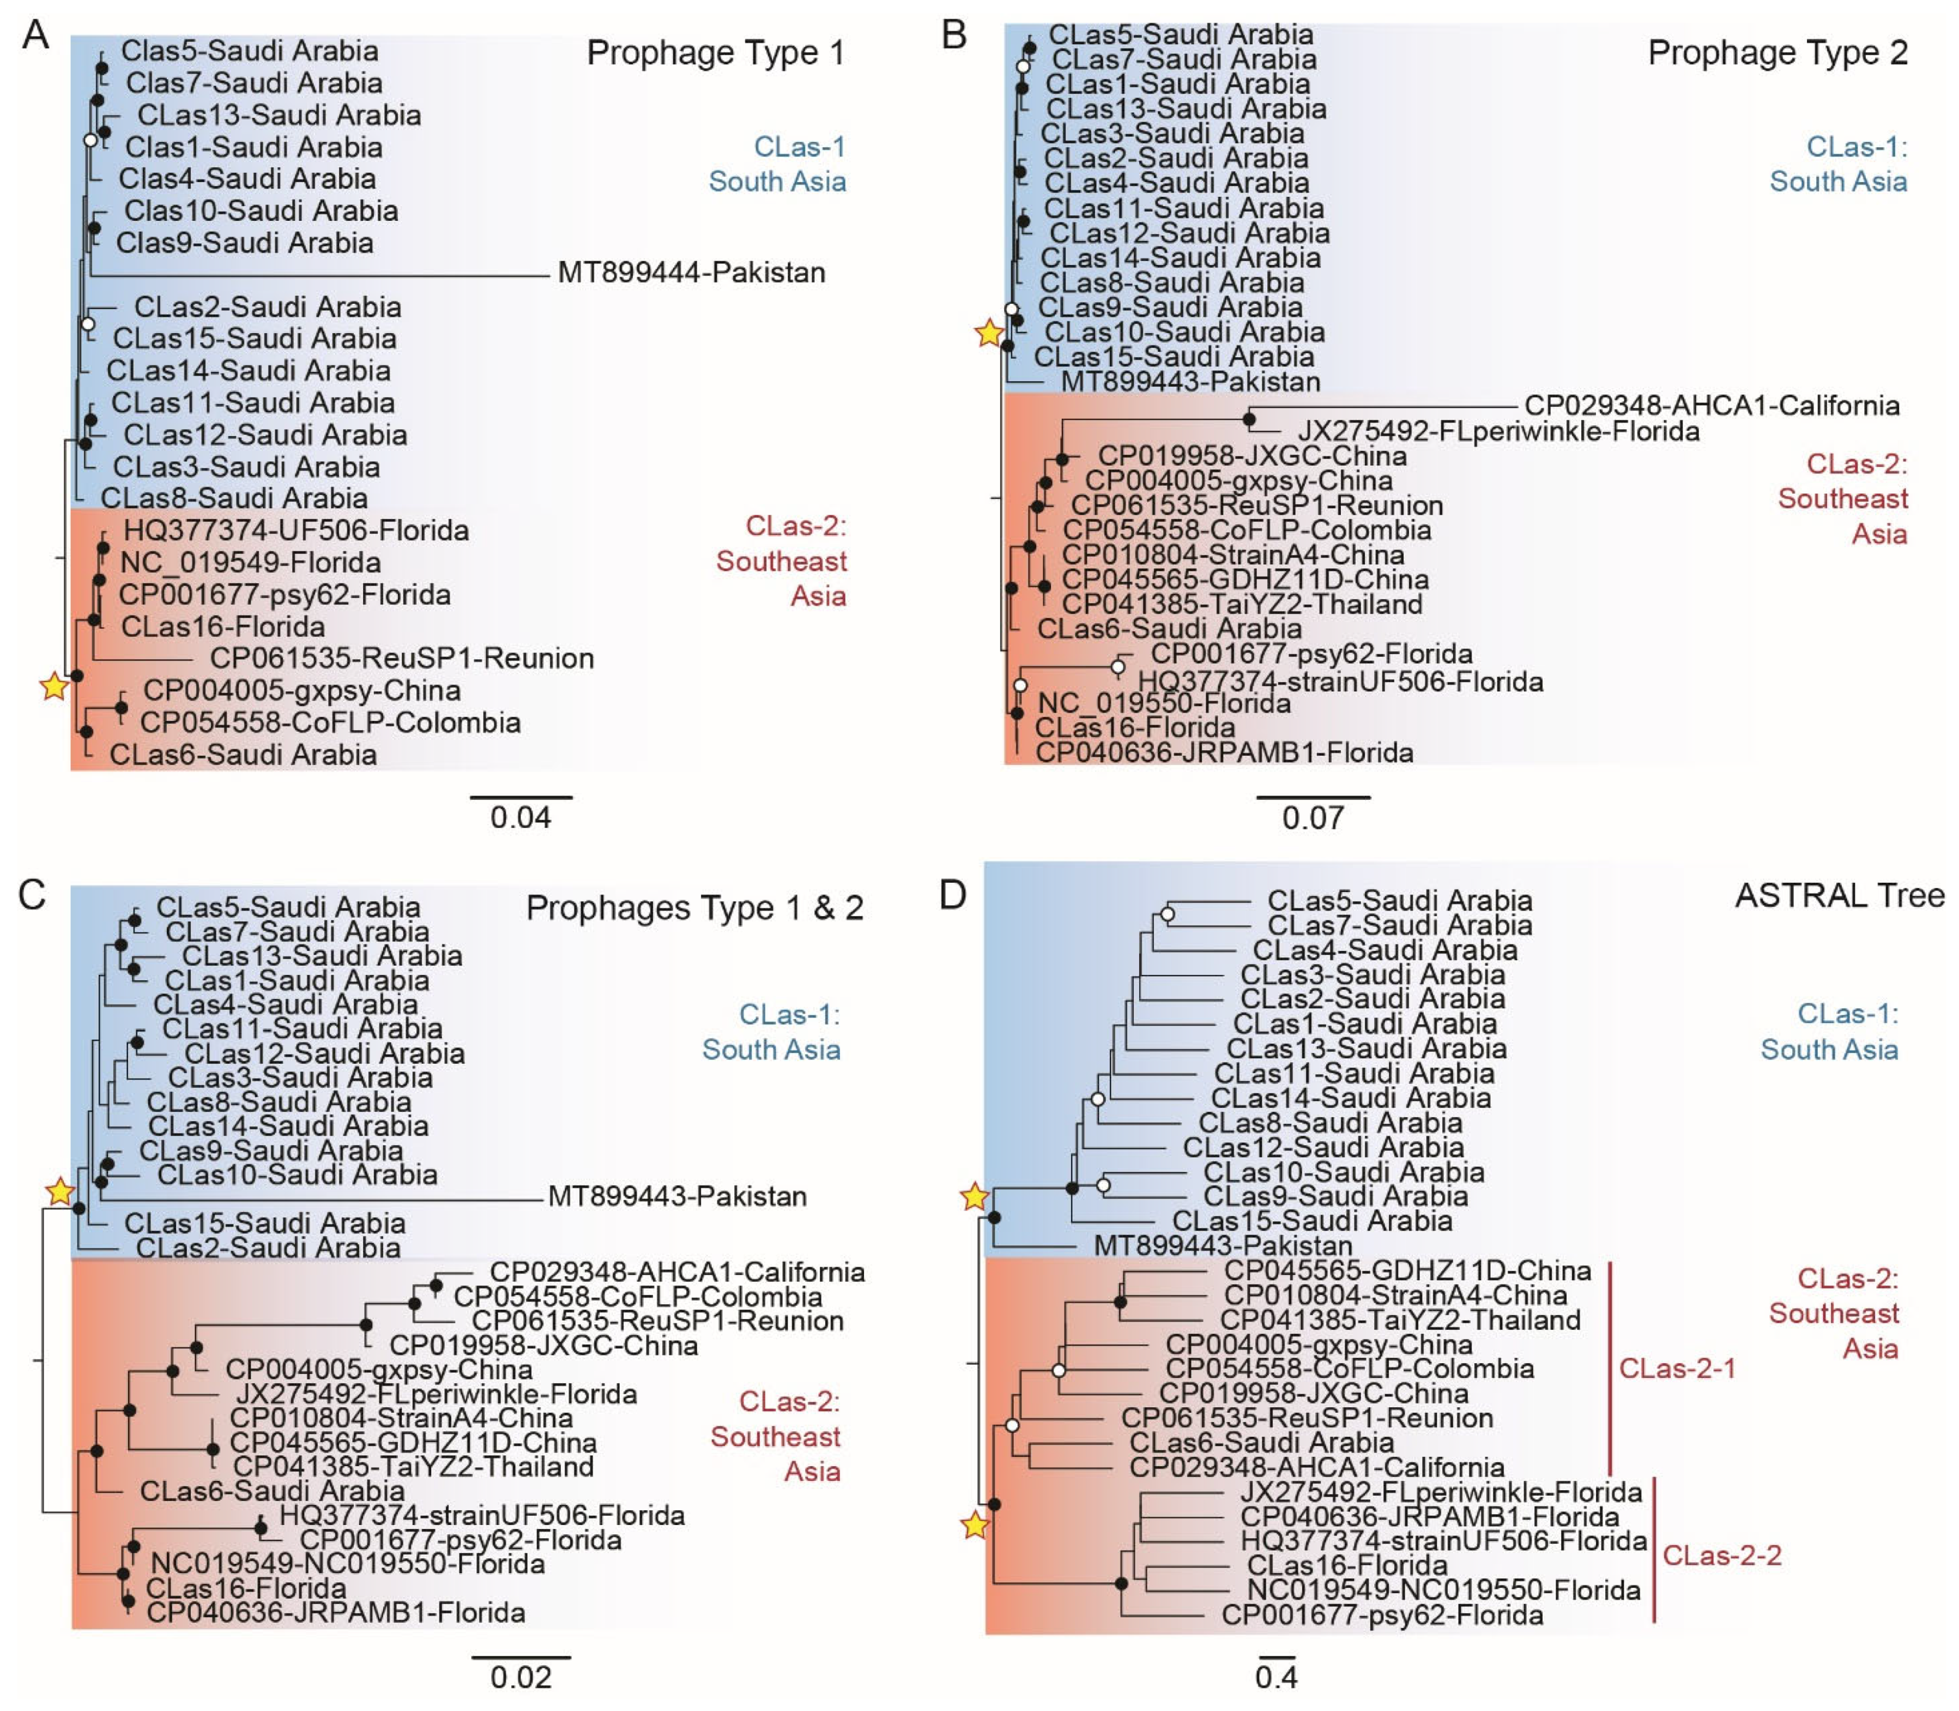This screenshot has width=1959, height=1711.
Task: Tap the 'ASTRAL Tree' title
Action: pos(1839,896)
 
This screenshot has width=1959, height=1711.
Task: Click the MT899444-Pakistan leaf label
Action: pos(691,273)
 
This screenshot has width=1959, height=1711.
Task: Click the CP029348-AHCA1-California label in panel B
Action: pos(1712,406)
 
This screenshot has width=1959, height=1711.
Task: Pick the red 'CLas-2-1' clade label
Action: pos(1677,1368)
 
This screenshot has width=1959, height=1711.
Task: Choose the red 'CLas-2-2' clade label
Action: pos(1721,1556)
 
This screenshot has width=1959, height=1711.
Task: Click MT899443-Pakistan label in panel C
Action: pos(677,1196)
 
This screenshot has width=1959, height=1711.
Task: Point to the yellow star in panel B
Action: pos(989,333)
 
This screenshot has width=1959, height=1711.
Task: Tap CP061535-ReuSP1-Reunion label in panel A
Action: pos(402,659)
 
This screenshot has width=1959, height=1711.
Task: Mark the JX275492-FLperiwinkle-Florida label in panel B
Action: pos(1498,432)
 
